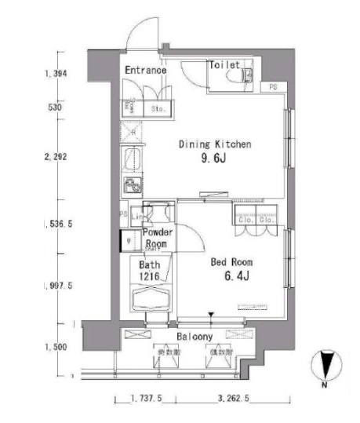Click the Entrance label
pos(145,71)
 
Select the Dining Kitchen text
pos(215,144)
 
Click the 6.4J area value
pos(234,276)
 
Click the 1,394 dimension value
pos(56,75)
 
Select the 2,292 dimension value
pos(57,157)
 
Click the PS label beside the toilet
pos(272,87)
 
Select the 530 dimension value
pos(54,108)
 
